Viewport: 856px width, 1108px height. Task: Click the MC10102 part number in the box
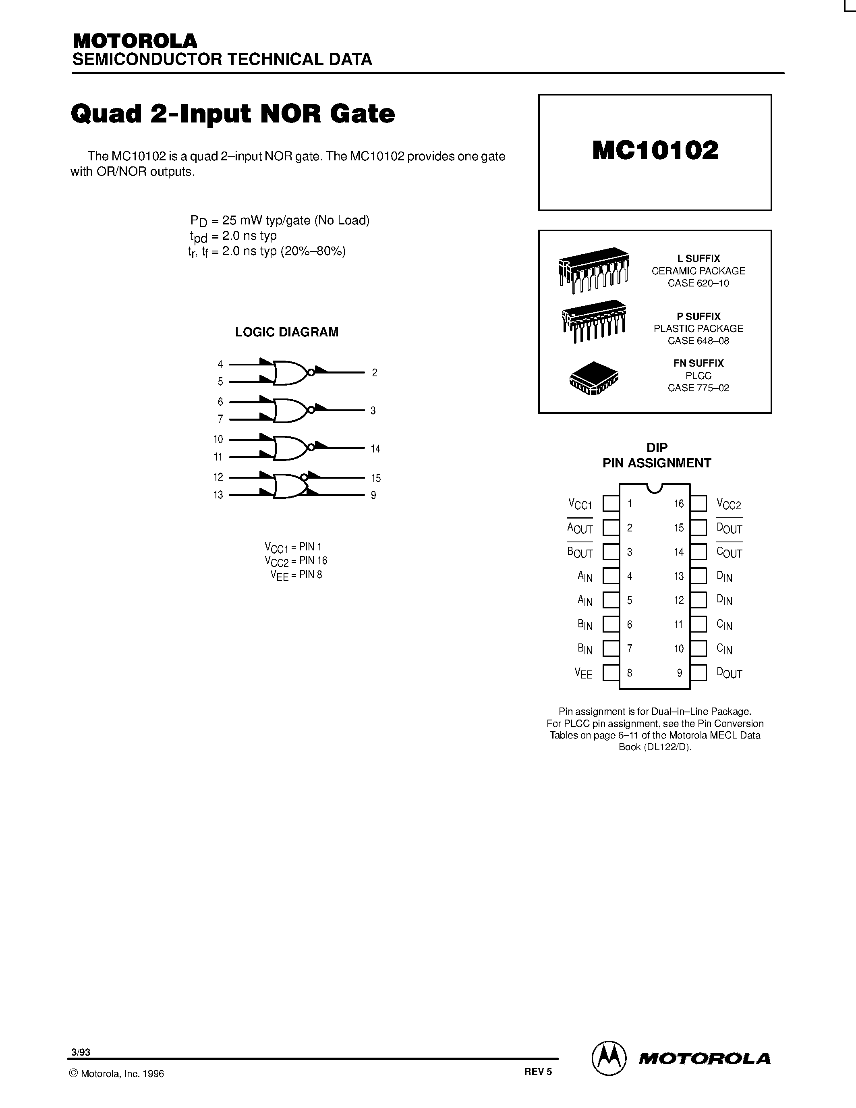[x=655, y=151]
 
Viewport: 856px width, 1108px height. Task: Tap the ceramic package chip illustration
[x=593, y=270]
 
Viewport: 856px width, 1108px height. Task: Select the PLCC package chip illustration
[x=594, y=378]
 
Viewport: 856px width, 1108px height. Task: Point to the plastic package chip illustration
[x=594, y=321]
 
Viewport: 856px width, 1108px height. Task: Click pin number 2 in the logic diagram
[x=374, y=373]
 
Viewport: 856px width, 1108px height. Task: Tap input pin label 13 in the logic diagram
[x=218, y=495]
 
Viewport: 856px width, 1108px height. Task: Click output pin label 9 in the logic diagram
[x=373, y=495]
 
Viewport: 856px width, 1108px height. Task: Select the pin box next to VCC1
[x=611, y=503]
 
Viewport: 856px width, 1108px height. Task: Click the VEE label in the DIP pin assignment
[x=583, y=673]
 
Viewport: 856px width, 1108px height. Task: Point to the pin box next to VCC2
[x=698, y=503]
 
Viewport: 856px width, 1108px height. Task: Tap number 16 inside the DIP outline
[x=678, y=504]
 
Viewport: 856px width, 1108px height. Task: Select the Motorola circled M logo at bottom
[x=609, y=1058]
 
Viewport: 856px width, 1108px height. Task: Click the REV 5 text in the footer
[x=537, y=1071]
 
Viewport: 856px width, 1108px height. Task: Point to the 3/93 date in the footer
[x=81, y=1052]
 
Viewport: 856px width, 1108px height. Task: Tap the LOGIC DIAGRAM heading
[x=286, y=332]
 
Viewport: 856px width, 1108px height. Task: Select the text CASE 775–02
[x=698, y=388]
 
